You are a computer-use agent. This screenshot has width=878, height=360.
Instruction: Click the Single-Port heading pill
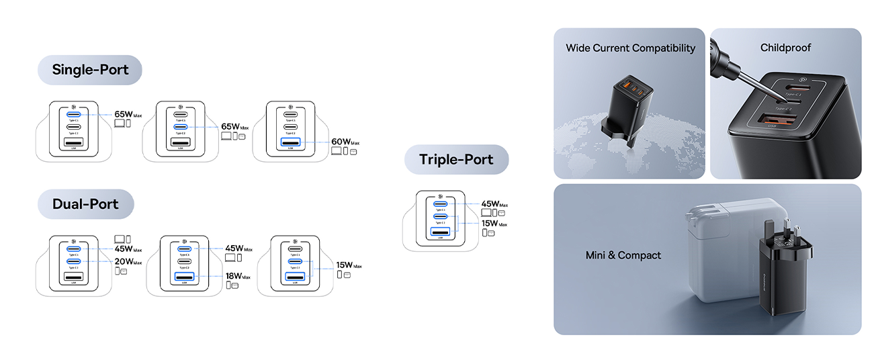(x=90, y=70)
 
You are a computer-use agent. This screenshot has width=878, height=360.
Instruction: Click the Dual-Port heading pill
(x=85, y=204)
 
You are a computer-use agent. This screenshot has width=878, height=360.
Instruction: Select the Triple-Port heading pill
(x=456, y=160)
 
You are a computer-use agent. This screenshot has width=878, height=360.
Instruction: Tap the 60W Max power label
(x=345, y=142)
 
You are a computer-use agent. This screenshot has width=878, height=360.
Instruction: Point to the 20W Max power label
(x=128, y=261)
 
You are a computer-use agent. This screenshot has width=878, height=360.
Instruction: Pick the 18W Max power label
(x=238, y=275)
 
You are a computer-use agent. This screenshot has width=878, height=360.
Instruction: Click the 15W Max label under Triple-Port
(x=494, y=223)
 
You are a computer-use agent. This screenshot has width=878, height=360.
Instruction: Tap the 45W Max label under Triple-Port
(x=494, y=204)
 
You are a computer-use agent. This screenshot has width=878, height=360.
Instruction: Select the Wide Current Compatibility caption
(x=630, y=48)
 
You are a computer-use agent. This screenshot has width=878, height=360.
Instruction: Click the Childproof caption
(x=785, y=48)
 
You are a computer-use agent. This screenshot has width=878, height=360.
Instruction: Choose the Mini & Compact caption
(x=623, y=255)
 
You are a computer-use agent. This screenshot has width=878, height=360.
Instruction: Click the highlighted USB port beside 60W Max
(x=290, y=142)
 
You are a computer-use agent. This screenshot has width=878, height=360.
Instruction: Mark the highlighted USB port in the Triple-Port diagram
(x=440, y=232)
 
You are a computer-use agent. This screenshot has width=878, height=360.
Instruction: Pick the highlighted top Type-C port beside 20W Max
(x=73, y=249)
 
